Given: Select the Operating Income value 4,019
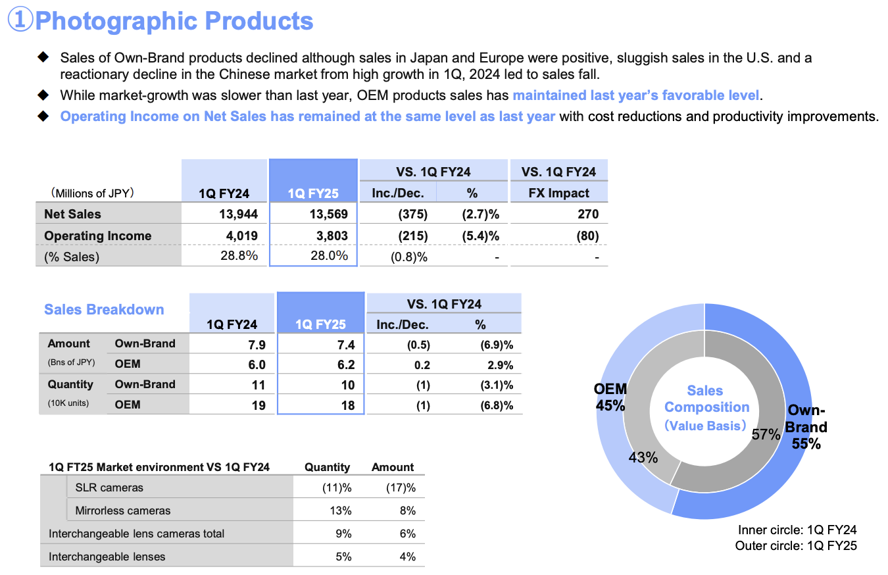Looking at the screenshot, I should [237, 236].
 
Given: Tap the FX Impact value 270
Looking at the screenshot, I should [587, 214].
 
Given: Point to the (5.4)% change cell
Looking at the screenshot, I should [480, 236].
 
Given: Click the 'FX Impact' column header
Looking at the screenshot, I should [558, 193].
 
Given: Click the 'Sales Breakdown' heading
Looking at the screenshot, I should [104, 310].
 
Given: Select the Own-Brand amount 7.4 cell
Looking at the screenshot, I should [347, 343].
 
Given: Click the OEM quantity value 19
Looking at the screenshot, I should [259, 405].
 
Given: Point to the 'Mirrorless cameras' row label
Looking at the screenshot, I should [123, 511].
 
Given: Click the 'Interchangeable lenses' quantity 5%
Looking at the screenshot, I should [343, 557].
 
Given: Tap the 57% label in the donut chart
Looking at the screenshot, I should [766, 434].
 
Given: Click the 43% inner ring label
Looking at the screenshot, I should [643, 457].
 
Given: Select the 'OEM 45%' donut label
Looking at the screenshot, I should [610, 397].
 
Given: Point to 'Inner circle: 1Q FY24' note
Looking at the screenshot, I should [797, 530].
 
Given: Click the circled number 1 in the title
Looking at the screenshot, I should [20, 20].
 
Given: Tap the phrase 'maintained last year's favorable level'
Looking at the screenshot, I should [635, 95].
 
